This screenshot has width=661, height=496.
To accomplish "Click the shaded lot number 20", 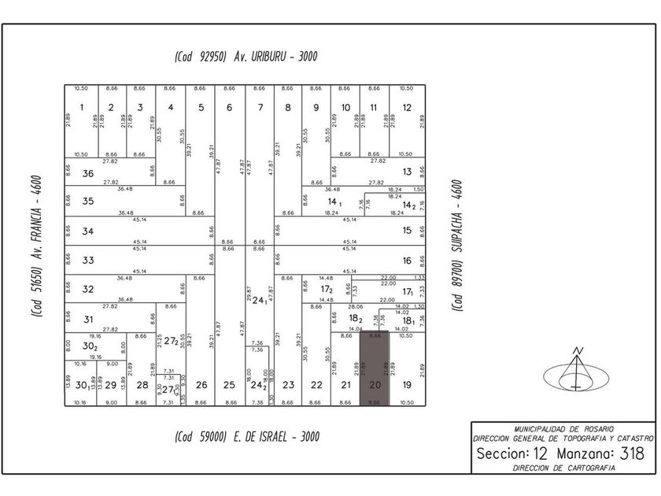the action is pyautogui.click(x=375, y=385).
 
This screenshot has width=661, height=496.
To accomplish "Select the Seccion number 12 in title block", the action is pyautogui.click(x=539, y=453).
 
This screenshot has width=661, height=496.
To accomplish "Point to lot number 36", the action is pyautogui.click(x=88, y=174).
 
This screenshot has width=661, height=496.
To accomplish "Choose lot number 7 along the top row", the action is pyautogui.click(x=260, y=108).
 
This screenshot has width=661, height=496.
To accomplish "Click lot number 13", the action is pyautogui.click(x=407, y=171).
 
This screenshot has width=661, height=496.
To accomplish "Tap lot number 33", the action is pyautogui.click(x=88, y=260).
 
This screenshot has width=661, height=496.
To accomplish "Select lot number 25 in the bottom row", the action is pyautogui.click(x=229, y=385).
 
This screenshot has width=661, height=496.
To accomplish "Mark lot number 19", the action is pyautogui.click(x=406, y=385).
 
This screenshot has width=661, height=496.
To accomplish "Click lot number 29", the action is pyautogui.click(x=111, y=385).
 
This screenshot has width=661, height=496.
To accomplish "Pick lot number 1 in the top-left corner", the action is pyautogui.click(x=82, y=108).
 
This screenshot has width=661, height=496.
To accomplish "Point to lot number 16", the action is pyautogui.click(x=407, y=260).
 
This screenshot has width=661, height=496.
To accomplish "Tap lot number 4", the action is pyautogui.click(x=171, y=108).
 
